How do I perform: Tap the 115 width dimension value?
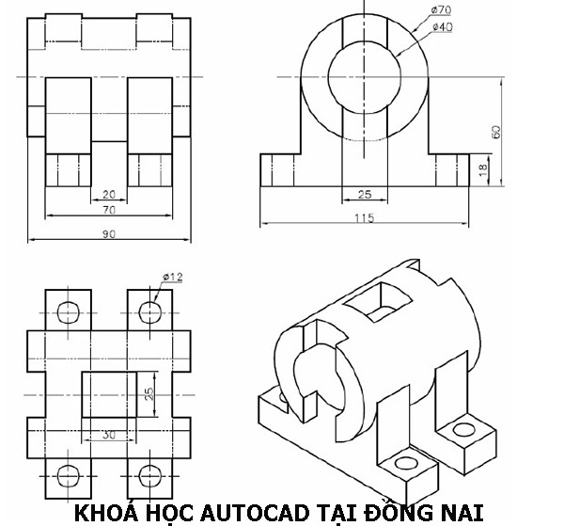(x=364, y=218)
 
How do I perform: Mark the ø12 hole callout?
(x=172, y=276)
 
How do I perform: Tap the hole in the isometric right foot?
(x=462, y=430)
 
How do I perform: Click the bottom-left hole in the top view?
(x=69, y=474)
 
